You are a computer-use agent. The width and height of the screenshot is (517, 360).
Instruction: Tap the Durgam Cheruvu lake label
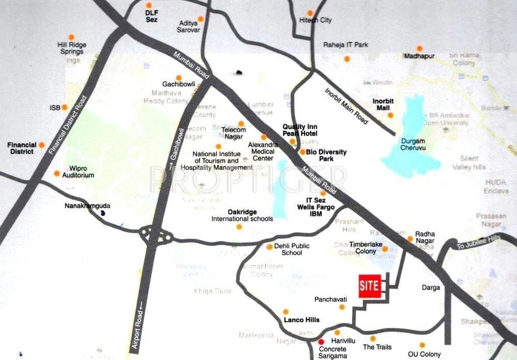(x=413, y=144)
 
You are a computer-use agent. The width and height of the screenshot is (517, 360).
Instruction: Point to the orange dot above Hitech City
(x=310, y=13)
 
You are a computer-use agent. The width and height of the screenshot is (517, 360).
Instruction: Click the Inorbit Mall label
(x=383, y=105)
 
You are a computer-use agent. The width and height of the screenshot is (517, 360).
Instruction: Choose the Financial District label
(x=23, y=148)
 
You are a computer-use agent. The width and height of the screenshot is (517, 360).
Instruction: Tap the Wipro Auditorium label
(x=78, y=172)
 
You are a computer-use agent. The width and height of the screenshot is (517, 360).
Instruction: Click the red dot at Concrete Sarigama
(x=321, y=341)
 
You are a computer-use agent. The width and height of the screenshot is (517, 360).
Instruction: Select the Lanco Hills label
(x=301, y=320)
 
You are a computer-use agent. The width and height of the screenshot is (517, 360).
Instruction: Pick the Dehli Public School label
(x=292, y=249)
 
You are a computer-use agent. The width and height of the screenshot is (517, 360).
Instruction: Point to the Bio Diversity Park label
(x=326, y=155)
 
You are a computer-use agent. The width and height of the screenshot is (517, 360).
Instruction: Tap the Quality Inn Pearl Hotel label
(x=300, y=130)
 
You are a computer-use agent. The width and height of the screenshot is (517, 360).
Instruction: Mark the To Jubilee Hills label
(x=478, y=242)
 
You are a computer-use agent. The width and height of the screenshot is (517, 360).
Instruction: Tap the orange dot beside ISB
(x=65, y=108)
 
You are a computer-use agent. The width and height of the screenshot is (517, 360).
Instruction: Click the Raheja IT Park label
(x=345, y=45)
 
